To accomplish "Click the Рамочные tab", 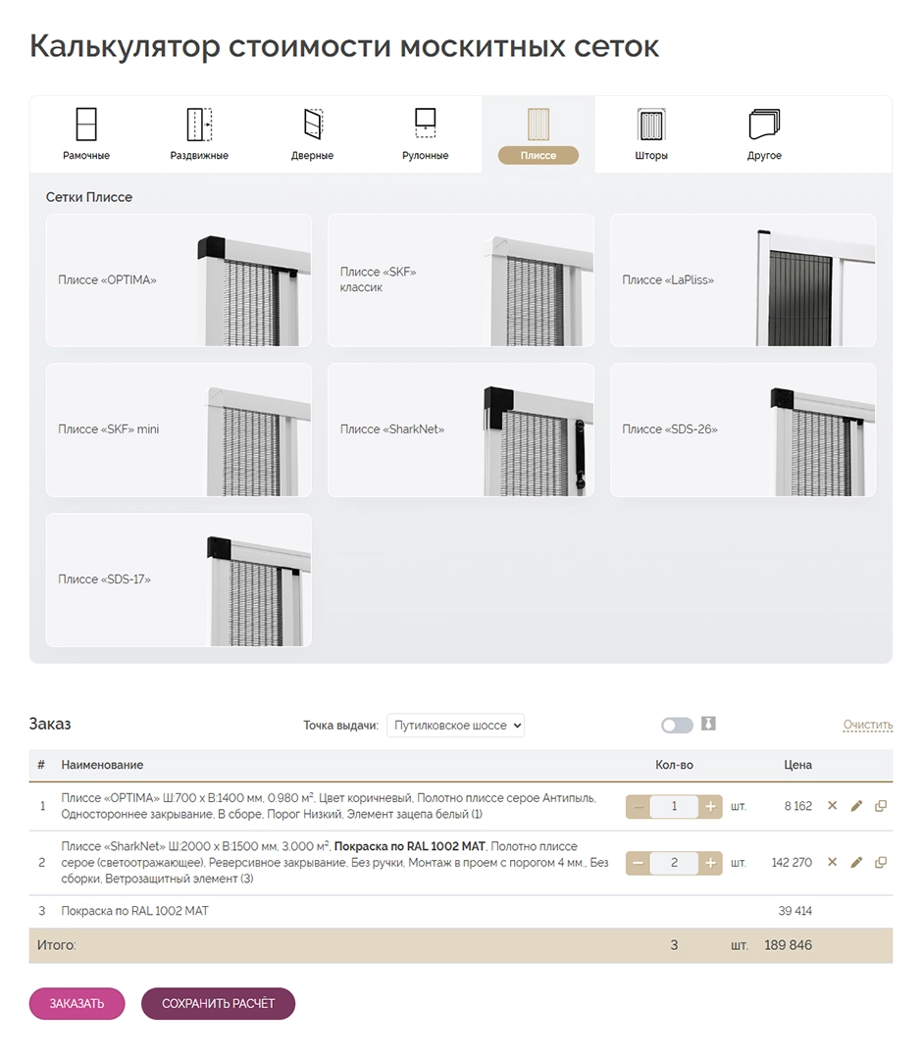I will point(86,134).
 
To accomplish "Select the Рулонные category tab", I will point(425,134).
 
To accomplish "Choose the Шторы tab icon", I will point(650,134).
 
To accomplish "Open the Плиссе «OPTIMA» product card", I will point(179,280).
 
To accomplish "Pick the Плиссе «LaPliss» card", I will point(743,280).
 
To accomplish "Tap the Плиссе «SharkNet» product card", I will point(460,429).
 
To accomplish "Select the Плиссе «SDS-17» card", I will point(179,579).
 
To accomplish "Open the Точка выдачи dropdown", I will point(456,726).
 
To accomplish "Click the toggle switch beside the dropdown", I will point(677,726).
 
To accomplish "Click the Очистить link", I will point(867,726).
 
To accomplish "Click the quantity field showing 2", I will point(674,863).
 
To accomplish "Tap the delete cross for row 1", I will point(832,806).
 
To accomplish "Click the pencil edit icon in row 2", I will point(856,863).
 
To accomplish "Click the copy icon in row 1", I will point(880,806).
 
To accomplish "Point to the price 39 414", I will point(794,911).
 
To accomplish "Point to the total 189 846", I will point(788,945).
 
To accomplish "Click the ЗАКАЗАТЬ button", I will point(77,1003).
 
